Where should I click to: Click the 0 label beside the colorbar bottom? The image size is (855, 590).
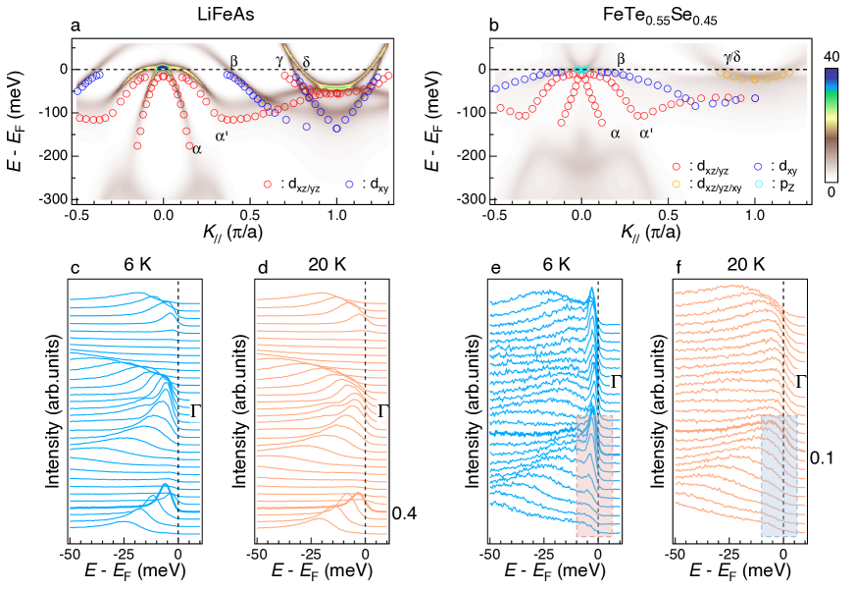pos(830,191)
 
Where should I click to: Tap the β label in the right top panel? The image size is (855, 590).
pos(621,60)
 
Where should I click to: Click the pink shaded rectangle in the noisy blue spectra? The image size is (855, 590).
pos(594,475)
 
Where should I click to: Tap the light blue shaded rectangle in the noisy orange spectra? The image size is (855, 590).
pos(780,475)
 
